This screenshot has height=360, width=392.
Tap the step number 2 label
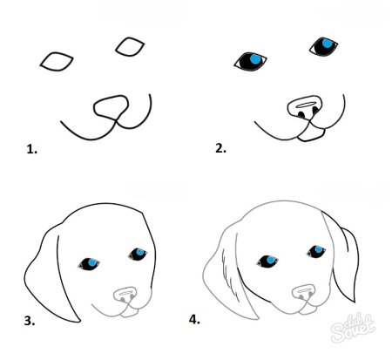click(x=220, y=148)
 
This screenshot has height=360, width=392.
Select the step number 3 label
click(x=30, y=321)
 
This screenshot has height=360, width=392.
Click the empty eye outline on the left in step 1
click(x=55, y=61)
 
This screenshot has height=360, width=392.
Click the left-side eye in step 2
click(x=251, y=61)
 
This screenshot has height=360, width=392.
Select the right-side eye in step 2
click(x=323, y=44)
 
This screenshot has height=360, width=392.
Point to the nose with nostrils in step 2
click(x=304, y=108)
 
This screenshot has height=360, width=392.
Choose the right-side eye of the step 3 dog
click(x=138, y=254)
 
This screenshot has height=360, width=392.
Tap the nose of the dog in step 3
click(x=125, y=295)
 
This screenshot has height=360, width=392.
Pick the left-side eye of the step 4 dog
click(x=266, y=261)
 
